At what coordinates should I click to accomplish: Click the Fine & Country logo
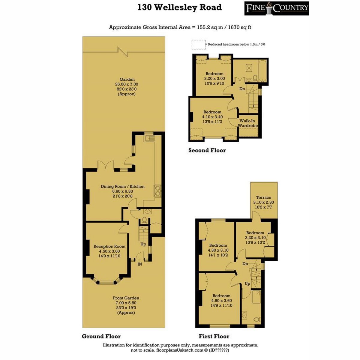pos(277,8)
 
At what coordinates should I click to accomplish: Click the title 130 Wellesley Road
pos(180,7)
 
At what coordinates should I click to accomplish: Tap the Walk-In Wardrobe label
pos(247,123)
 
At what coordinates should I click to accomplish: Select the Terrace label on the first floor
pos(263,197)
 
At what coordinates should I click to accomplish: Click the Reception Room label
pos(109,246)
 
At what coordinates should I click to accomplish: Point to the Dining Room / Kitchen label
pos(123,186)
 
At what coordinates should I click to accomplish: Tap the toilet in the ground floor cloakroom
pos(144,220)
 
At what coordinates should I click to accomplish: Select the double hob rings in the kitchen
pos(157,191)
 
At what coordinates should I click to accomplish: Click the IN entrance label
pos(139,264)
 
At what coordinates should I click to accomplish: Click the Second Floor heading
pos(207,150)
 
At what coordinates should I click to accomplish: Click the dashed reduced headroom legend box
pos(199,45)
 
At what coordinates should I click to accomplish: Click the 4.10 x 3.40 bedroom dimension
pos(212,117)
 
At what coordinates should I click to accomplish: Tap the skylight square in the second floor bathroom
pos(248,67)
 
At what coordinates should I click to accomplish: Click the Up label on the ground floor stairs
pos(143,244)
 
